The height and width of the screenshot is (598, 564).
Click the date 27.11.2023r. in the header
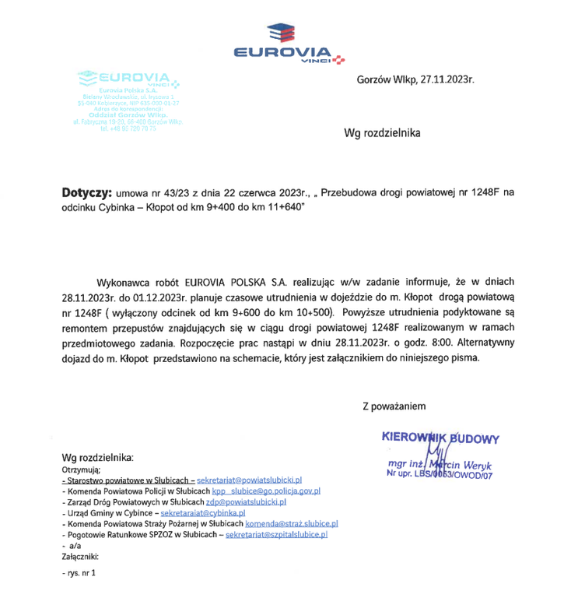tap(447, 80)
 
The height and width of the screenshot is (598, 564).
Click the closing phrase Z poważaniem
tap(394, 405)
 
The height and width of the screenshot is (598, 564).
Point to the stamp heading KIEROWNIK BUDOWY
tap(440, 438)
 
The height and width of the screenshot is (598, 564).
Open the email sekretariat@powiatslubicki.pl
tap(249, 482)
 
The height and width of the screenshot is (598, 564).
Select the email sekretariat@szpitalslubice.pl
tap(276, 535)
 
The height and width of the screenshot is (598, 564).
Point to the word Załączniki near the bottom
tap(80, 557)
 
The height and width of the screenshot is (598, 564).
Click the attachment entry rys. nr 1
tap(82, 574)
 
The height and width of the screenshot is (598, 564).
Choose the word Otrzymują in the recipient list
tap(82, 470)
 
